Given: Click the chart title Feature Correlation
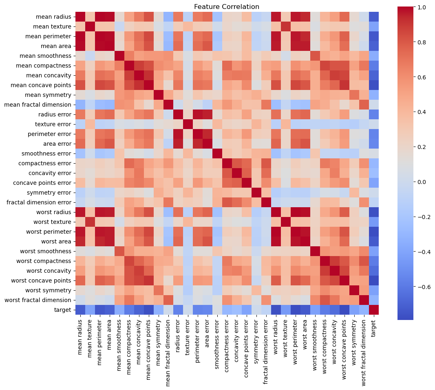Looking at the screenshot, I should [226, 7].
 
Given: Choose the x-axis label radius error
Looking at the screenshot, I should [179, 335].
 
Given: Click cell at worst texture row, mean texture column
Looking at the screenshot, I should [90, 222].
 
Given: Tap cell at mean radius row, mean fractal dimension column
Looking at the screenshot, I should [169, 17].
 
